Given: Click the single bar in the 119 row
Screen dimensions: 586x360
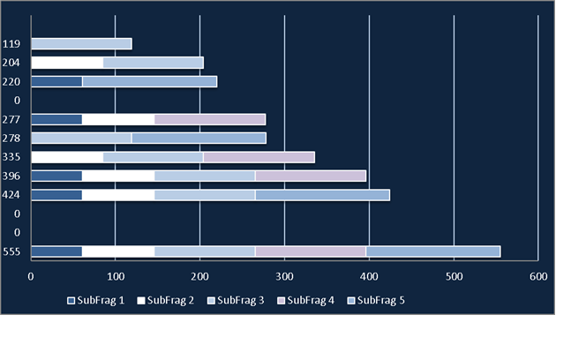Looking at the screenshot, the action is tap(81, 44).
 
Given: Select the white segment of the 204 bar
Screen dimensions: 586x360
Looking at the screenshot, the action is tap(67, 63).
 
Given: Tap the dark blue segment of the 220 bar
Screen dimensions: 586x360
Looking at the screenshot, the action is tap(56, 81).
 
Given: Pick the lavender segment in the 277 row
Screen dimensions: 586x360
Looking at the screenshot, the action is tap(210, 119).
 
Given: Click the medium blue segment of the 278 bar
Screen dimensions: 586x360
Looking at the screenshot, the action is tap(199, 138).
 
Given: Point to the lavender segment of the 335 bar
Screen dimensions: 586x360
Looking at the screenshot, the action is tap(259, 157).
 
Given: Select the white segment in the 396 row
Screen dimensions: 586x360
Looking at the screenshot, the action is tap(118, 176).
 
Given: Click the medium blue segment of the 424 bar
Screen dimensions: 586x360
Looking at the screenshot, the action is tap(322, 195).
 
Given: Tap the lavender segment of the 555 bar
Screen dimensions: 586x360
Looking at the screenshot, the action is tap(311, 251).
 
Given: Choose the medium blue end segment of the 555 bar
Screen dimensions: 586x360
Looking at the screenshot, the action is tap(433, 251).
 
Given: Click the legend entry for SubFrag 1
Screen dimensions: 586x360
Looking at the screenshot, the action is tap(95, 301).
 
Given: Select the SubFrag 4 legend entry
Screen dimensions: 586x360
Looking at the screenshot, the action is tap(305, 301).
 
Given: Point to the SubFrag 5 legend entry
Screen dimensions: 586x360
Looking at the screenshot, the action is tap(376, 301).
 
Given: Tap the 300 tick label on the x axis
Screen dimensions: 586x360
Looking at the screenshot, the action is tap(284, 277).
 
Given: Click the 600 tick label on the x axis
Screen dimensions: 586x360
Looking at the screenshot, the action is tap(538, 277).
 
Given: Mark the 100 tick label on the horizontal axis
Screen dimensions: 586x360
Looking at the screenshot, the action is tap(116, 277).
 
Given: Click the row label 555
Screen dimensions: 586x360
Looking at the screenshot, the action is tap(11, 251).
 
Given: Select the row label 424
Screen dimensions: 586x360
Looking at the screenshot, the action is tap(11, 195).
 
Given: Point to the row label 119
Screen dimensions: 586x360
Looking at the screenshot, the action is tap(11, 44).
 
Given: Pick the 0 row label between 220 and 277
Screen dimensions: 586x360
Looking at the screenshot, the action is tap(17, 101).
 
